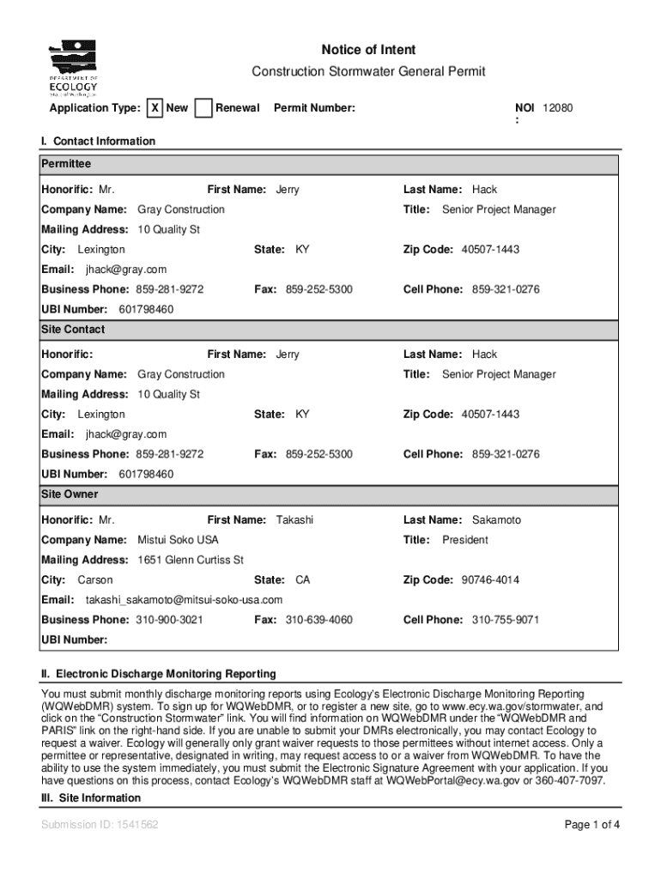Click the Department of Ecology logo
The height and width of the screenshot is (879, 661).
pyautogui.click(x=73, y=68)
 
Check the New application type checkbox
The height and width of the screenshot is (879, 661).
pyautogui.click(x=155, y=108)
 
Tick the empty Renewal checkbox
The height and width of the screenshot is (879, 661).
pyautogui.click(x=203, y=108)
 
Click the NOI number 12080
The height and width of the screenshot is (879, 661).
pyautogui.click(x=557, y=108)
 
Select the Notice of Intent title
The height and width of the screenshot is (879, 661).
pyautogui.click(x=368, y=51)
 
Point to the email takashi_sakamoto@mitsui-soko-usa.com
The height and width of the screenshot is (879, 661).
pyautogui.click(x=184, y=599)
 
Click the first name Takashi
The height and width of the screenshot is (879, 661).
pyautogui.click(x=294, y=520)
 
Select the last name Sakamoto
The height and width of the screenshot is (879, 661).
pyautogui.click(x=496, y=520)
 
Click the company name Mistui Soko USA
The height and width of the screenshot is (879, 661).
pyautogui.click(x=178, y=540)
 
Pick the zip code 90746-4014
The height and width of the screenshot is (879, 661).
pyautogui.click(x=490, y=580)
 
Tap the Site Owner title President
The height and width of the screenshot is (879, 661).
pyautogui.click(x=464, y=540)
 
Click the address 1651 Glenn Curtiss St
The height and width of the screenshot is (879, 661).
pyautogui.click(x=191, y=560)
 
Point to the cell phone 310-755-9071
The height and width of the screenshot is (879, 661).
pyautogui.click(x=506, y=620)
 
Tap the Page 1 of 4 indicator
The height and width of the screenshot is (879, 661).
pyautogui.click(x=591, y=825)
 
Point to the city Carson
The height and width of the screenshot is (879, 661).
pyautogui.click(x=94, y=580)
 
